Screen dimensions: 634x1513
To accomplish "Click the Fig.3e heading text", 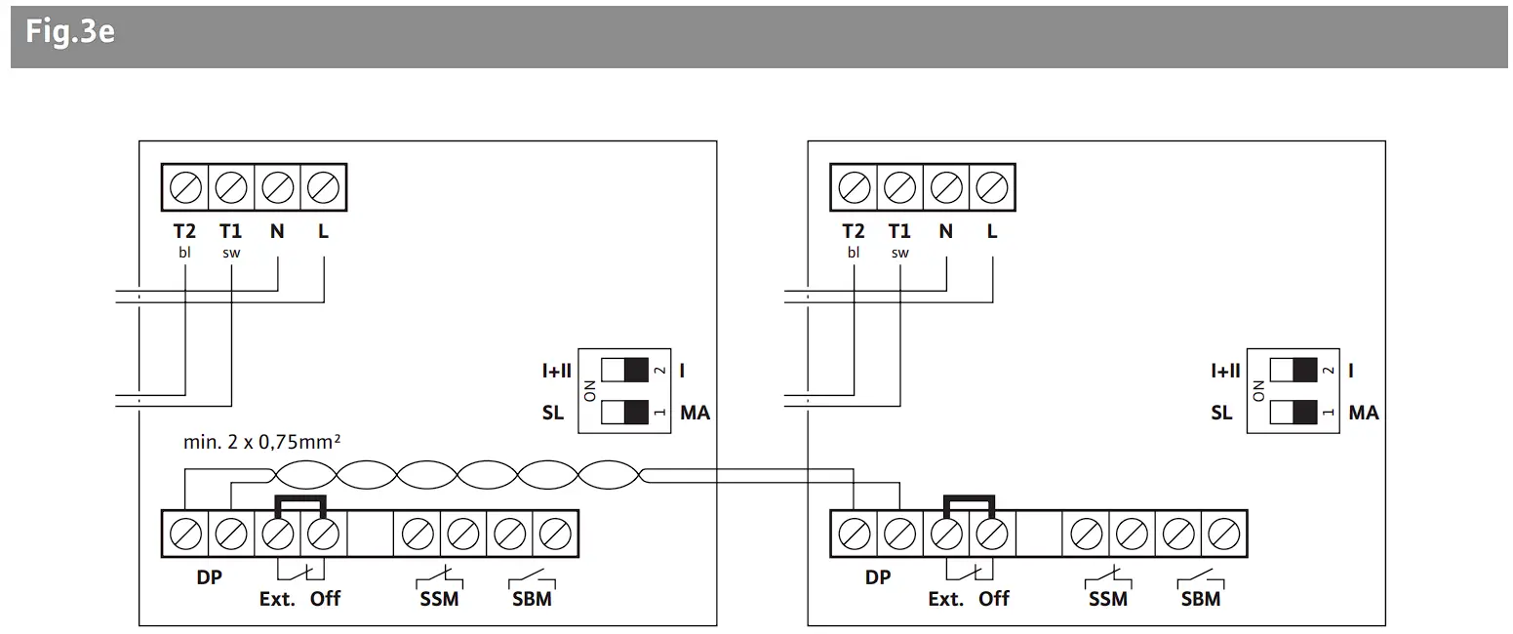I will [x=70, y=33].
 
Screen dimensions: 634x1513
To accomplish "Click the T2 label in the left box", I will [x=184, y=232].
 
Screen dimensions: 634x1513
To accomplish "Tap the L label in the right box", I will [x=992, y=232].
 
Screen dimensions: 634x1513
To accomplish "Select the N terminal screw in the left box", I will [x=278, y=185].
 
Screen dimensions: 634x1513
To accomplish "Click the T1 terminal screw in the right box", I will [x=900, y=185].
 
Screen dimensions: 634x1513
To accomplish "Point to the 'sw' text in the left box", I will [x=231, y=253].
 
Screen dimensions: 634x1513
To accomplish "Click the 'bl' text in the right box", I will [x=854, y=253].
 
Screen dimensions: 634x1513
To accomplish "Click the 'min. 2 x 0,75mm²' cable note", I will [x=261, y=442].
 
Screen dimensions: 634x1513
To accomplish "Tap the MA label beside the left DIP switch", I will [x=695, y=413].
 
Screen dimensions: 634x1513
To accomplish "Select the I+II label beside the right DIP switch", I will [x=1225, y=371].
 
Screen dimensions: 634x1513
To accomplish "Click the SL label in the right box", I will [x=1221, y=413].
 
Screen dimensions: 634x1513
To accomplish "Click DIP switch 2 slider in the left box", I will [x=625, y=371].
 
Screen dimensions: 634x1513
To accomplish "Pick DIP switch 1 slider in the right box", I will [x=1293, y=413].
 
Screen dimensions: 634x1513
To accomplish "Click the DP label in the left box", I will [x=209, y=577].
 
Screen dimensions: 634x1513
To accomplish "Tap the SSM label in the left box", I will [x=439, y=599].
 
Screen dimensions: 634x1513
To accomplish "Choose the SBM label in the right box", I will [x=1201, y=599].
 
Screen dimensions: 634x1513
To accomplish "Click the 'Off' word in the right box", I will [x=993, y=599].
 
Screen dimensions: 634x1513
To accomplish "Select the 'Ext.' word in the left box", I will [x=277, y=599].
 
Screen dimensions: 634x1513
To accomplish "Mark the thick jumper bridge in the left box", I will [x=301, y=499].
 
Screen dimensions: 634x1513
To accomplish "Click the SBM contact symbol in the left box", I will [x=532, y=577].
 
